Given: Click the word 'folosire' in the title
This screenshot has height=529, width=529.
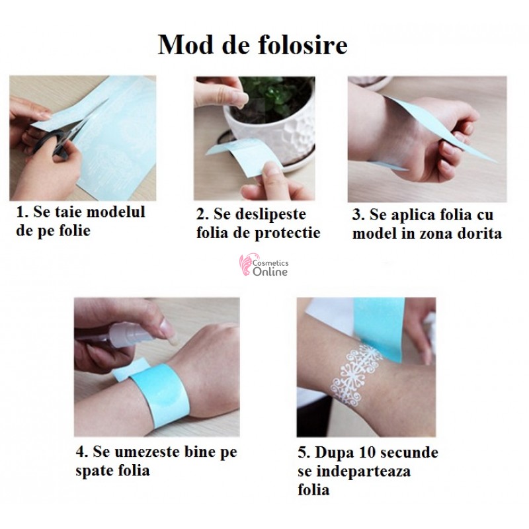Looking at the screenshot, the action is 303,45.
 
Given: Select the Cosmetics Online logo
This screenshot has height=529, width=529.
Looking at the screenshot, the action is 264,265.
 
